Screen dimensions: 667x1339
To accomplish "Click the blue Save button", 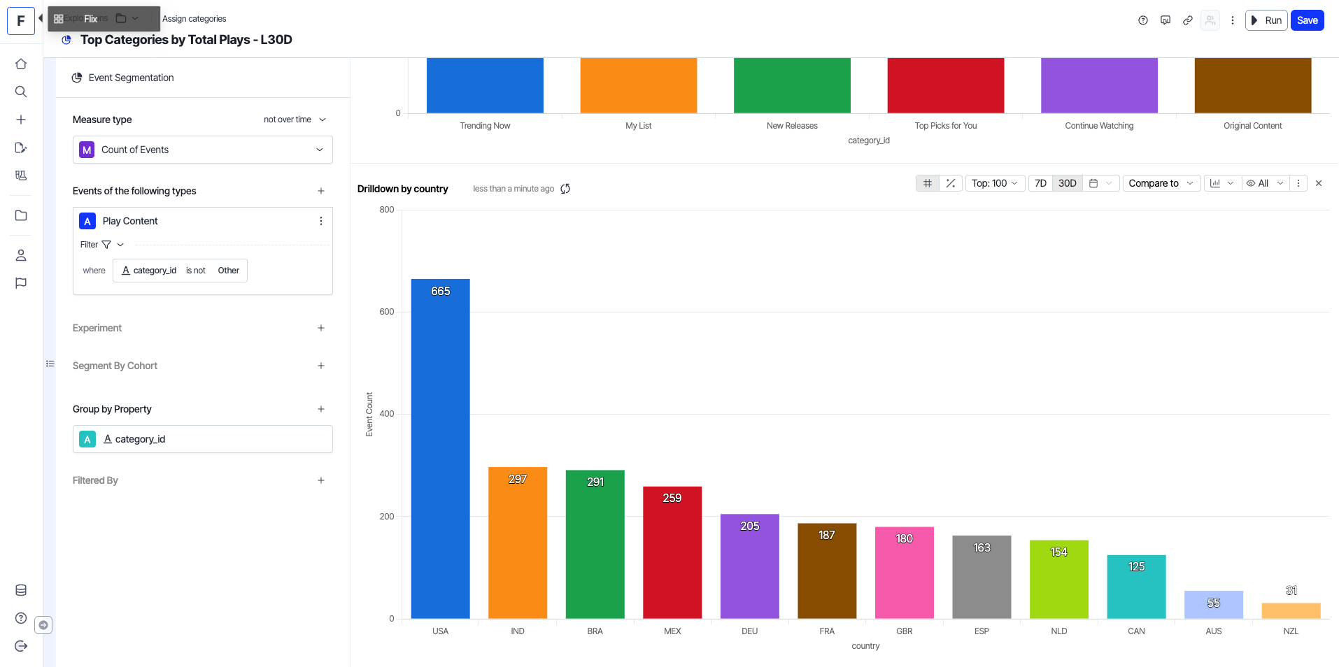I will tap(1307, 20).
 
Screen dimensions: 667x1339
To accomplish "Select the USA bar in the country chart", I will tap(440, 447).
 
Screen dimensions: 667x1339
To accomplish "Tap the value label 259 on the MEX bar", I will tap(672, 498).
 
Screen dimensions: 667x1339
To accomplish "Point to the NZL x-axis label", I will tap(1291, 631).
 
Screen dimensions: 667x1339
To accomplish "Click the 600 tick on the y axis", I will tap(387, 312).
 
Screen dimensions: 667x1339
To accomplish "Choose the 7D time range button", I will tap(1040, 183).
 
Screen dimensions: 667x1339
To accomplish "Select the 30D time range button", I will tap(1067, 183).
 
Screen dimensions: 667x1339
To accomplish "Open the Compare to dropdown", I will tap(1161, 183).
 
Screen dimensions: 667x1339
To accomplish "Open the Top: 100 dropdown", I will tap(994, 183).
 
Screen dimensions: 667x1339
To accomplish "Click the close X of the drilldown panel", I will tap(1319, 183).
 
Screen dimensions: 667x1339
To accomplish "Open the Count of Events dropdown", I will tap(203, 150).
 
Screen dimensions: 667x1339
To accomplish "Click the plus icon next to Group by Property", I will tap(321, 409).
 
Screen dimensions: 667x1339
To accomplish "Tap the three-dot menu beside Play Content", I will tap(321, 221).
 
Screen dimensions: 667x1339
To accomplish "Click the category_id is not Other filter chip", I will tap(180, 271).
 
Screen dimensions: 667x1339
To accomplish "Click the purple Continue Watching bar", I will tap(1099, 85).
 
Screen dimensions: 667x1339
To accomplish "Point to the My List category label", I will tap(638, 126).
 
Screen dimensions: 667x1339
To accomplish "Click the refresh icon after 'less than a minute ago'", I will tap(565, 189).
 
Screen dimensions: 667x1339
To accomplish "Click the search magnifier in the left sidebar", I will tap(21, 92).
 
